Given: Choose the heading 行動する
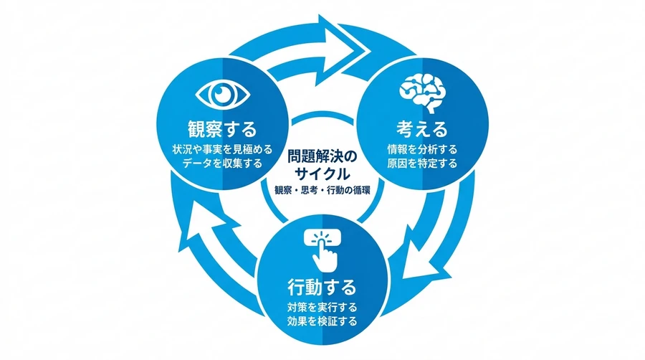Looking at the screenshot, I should pos(321,288).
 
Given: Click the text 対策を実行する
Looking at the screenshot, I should pos(321,308).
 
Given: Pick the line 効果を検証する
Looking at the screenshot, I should pos(321,321).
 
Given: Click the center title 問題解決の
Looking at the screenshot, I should pos(322,156).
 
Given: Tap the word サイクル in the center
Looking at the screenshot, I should pos(322,173).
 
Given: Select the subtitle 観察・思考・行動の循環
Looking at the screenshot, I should pos(322,190).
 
